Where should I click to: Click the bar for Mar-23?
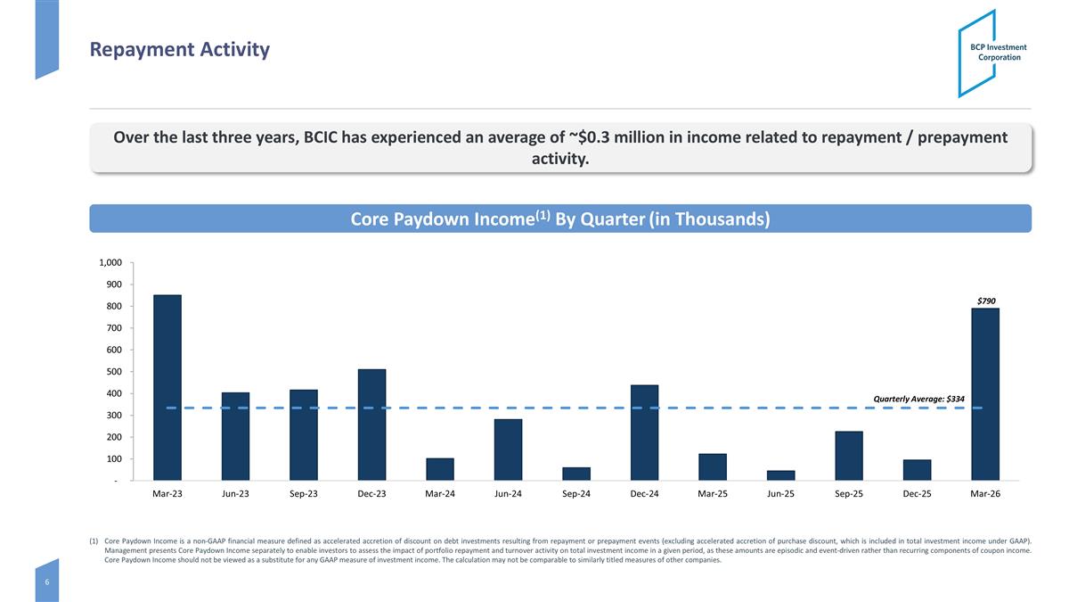[x=167, y=387]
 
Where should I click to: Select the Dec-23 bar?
[x=371, y=425]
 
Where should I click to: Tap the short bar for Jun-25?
[x=780, y=475]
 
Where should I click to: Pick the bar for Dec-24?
[x=644, y=433]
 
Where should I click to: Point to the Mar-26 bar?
[x=985, y=394]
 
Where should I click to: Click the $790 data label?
[x=986, y=301]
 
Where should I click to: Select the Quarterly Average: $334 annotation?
[x=918, y=399]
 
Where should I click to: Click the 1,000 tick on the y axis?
[x=110, y=262]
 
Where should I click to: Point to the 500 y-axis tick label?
[x=114, y=372]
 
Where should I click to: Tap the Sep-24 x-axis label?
[x=576, y=493]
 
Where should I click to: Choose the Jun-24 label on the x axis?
[x=508, y=493]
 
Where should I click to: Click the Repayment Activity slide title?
[x=179, y=50]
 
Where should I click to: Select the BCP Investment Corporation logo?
[x=991, y=53]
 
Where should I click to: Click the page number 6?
[x=46, y=581]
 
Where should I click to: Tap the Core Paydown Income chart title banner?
[x=560, y=219]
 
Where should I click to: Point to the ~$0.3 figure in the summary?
[x=589, y=137]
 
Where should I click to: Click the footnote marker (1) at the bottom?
[x=94, y=541]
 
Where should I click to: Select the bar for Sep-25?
[x=848, y=456]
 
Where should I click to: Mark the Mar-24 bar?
[x=440, y=469]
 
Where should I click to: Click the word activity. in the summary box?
[x=560, y=159]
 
